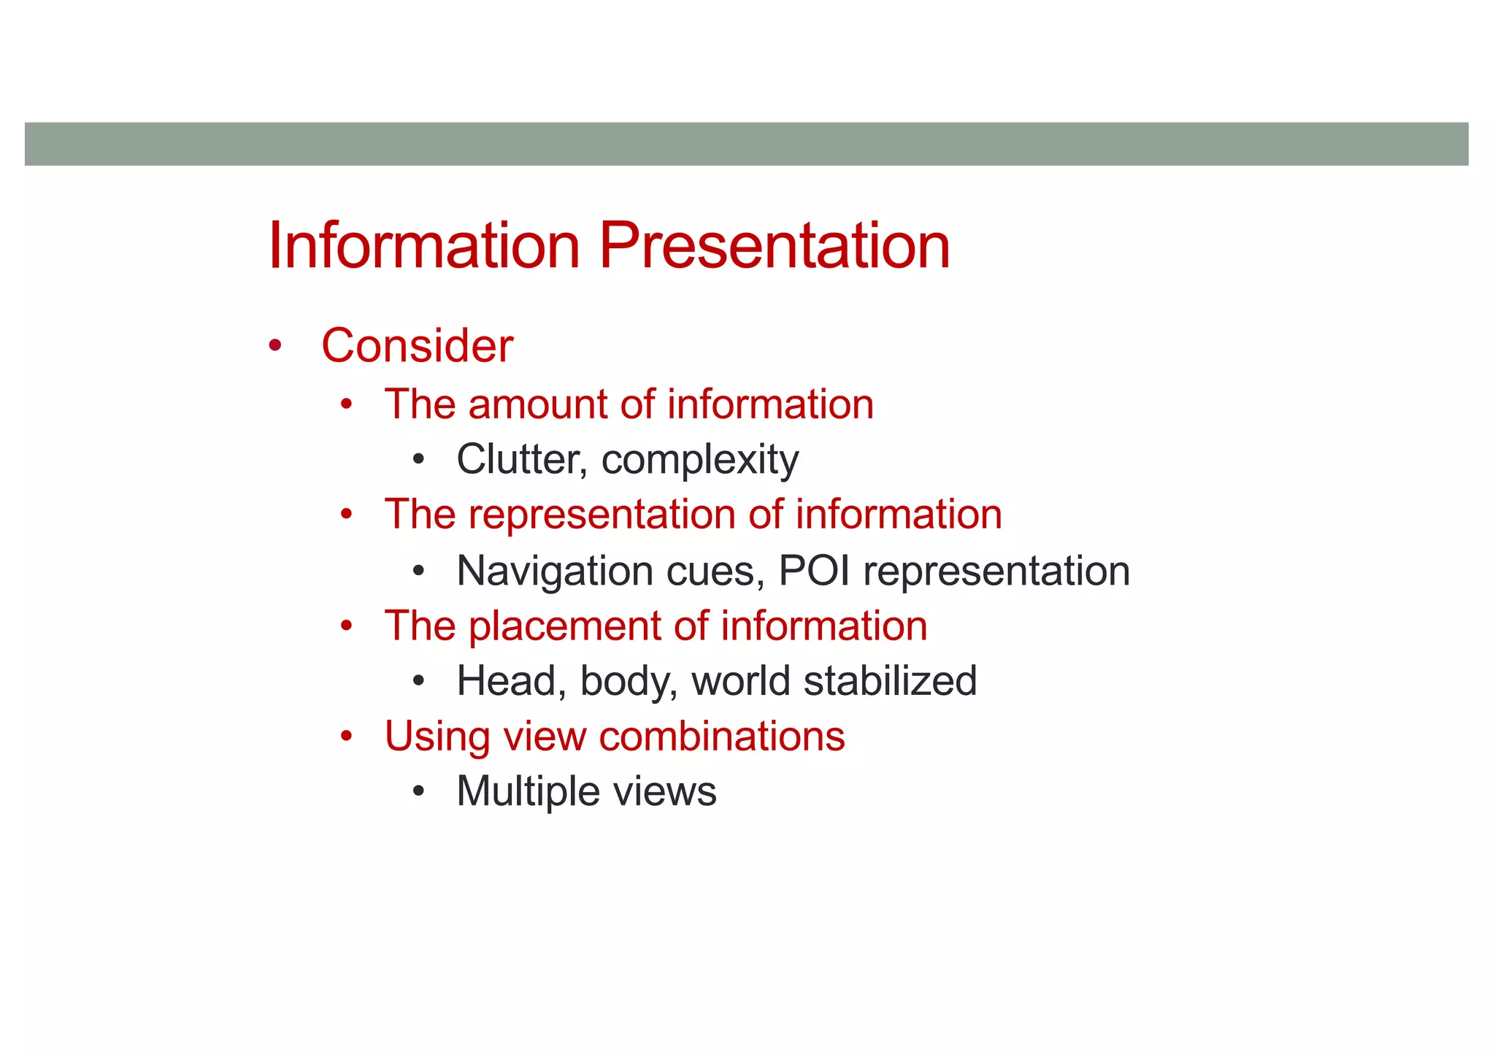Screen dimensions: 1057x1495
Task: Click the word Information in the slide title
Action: click(423, 246)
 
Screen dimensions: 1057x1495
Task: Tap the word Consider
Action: click(417, 345)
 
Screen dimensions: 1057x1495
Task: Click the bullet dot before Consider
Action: click(274, 345)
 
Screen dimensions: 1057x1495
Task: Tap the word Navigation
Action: click(554, 571)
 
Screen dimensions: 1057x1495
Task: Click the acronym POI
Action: click(814, 570)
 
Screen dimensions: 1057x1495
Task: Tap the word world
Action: click(740, 680)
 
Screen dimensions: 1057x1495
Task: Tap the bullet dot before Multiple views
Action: click(418, 791)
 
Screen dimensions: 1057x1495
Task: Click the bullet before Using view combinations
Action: click(347, 736)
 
